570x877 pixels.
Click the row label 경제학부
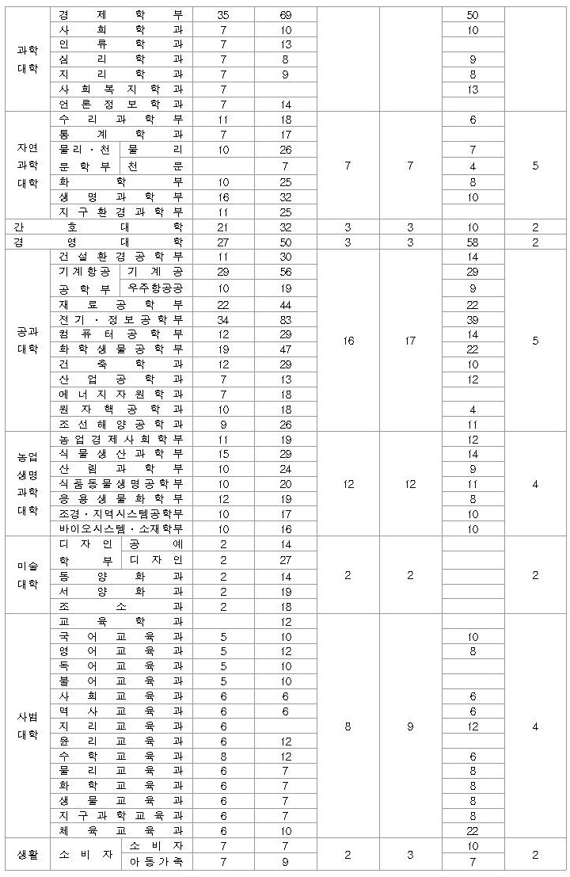click(120, 15)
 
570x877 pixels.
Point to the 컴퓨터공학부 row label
click(120, 334)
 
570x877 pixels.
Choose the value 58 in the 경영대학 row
click(473, 242)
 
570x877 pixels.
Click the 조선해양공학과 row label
click(120, 424)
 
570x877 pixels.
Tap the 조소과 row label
click(120, 605)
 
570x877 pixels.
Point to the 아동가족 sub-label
click(154, 861)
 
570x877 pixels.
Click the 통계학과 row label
click(120, 135)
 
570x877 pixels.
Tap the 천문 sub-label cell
click(154, 165)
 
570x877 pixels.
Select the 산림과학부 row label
click(120, 468)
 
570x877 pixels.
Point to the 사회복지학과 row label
click(120, 90)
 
